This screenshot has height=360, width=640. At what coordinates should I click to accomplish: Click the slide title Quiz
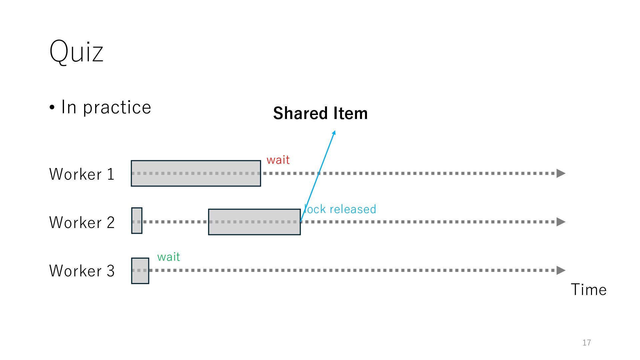76,52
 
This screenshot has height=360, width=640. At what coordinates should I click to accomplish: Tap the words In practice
106,107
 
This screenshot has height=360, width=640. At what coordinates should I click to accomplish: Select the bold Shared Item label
320,113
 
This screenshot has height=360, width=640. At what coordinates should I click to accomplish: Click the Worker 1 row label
82,174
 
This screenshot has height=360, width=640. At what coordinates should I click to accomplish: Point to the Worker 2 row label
82,222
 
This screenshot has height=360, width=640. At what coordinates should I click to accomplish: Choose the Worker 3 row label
82,271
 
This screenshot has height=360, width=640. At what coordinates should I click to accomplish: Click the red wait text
278,160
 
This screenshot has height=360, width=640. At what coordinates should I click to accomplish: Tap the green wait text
169,257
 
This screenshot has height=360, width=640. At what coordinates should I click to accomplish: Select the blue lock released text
340,209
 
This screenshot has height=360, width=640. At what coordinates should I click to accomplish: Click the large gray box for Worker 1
196,173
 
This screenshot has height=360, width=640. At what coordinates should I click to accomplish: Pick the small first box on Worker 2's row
137,221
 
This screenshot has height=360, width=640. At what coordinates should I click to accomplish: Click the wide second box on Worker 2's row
254,222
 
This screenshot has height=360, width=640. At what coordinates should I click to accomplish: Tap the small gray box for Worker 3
140,271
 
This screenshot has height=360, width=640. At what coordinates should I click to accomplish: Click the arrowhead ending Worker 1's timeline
561,173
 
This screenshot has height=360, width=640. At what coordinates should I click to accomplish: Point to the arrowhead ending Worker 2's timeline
561,222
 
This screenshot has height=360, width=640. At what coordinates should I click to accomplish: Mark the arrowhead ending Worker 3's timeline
561,270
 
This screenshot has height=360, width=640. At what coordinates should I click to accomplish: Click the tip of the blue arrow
334,132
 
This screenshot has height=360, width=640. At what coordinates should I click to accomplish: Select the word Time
589,290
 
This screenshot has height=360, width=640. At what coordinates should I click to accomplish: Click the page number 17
587,343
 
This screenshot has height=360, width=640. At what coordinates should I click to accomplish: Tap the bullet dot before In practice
52,108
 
